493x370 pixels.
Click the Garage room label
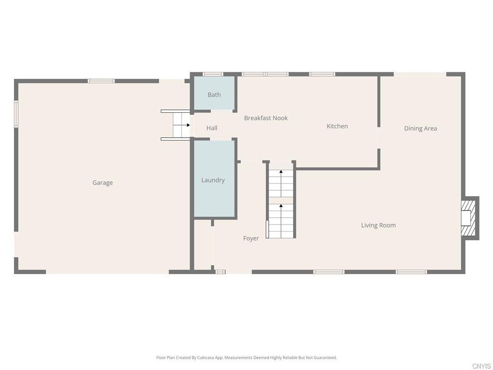103,183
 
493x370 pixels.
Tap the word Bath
214,95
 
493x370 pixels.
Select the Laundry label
213,180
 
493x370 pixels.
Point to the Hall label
212,128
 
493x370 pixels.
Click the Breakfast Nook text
266,118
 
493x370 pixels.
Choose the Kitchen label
337,126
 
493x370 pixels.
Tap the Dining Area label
420,128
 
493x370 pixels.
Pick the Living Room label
378,225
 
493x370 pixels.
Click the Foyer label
251,238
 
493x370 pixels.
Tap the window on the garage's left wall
16,114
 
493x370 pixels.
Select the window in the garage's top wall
101,81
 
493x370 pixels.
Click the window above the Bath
213,74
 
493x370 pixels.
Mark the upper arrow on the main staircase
281,183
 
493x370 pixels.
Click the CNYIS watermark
481,366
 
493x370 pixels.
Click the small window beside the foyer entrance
221,272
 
